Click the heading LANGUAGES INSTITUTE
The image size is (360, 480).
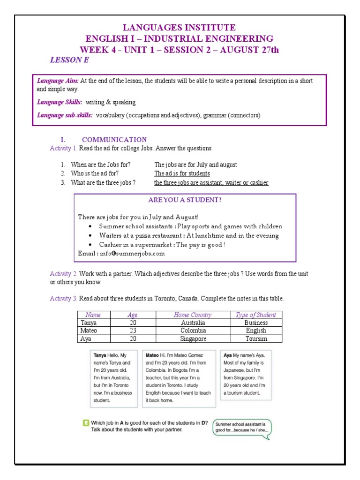180,28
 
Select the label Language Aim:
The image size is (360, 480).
58,81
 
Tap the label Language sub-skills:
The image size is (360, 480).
65,115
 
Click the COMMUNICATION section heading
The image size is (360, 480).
114,140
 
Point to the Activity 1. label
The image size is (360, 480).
63,148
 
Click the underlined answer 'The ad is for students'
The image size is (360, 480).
182,173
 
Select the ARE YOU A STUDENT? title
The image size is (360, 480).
185,200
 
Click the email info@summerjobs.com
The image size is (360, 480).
121,254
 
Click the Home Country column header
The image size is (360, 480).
193,315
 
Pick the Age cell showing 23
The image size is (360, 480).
132,330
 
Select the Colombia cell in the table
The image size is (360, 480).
193,330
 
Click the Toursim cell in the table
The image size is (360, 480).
256,338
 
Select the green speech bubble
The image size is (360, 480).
242,429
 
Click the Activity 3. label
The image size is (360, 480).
63,299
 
